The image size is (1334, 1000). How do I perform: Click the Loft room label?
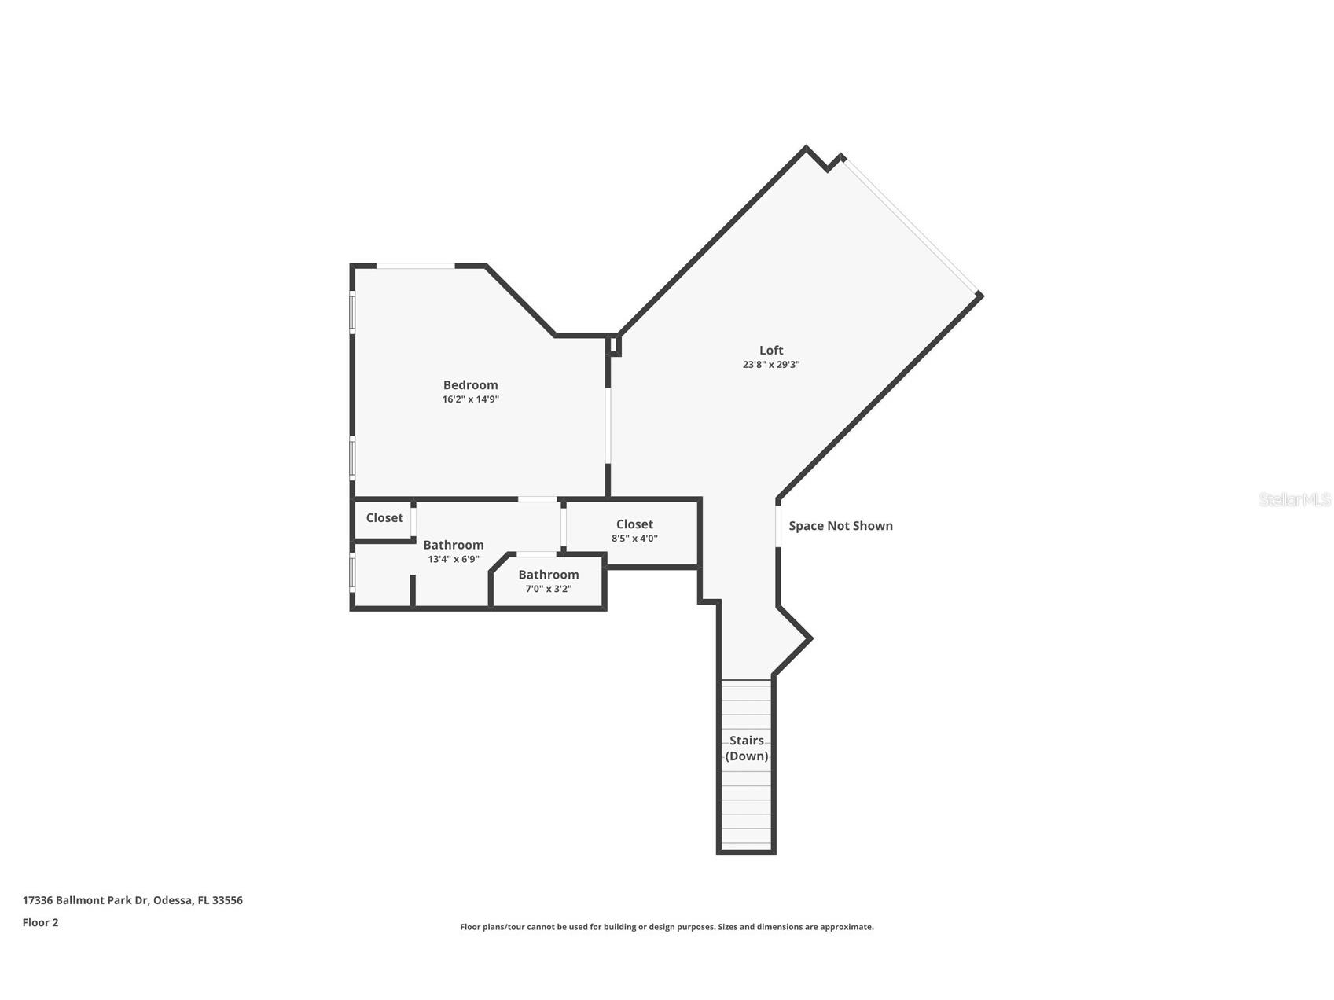tap(770, 351)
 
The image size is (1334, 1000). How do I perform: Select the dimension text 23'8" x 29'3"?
tap(770, 365)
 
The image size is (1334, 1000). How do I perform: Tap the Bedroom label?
tap(470, 385)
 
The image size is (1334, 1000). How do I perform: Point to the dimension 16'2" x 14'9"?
tap(470, 399)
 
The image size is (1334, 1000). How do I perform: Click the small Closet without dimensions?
tap(384, 518)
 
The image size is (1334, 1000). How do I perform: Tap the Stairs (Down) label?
tap(746, 748)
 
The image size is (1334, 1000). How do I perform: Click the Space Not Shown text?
tap(840, 526)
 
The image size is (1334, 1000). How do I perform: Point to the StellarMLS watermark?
tap(1294, 499)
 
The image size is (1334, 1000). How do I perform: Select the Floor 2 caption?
tap(40, 922)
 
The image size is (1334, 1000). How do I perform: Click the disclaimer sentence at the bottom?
tap(667, 927)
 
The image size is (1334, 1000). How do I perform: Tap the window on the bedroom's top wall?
tap(415, 267)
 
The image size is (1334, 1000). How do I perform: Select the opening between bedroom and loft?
tap(608, 425)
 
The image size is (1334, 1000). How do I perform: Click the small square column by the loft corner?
tap(616, 344)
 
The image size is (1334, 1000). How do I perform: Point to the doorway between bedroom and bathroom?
tap(538, 499)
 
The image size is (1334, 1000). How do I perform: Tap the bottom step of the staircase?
tap(746, 844)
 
